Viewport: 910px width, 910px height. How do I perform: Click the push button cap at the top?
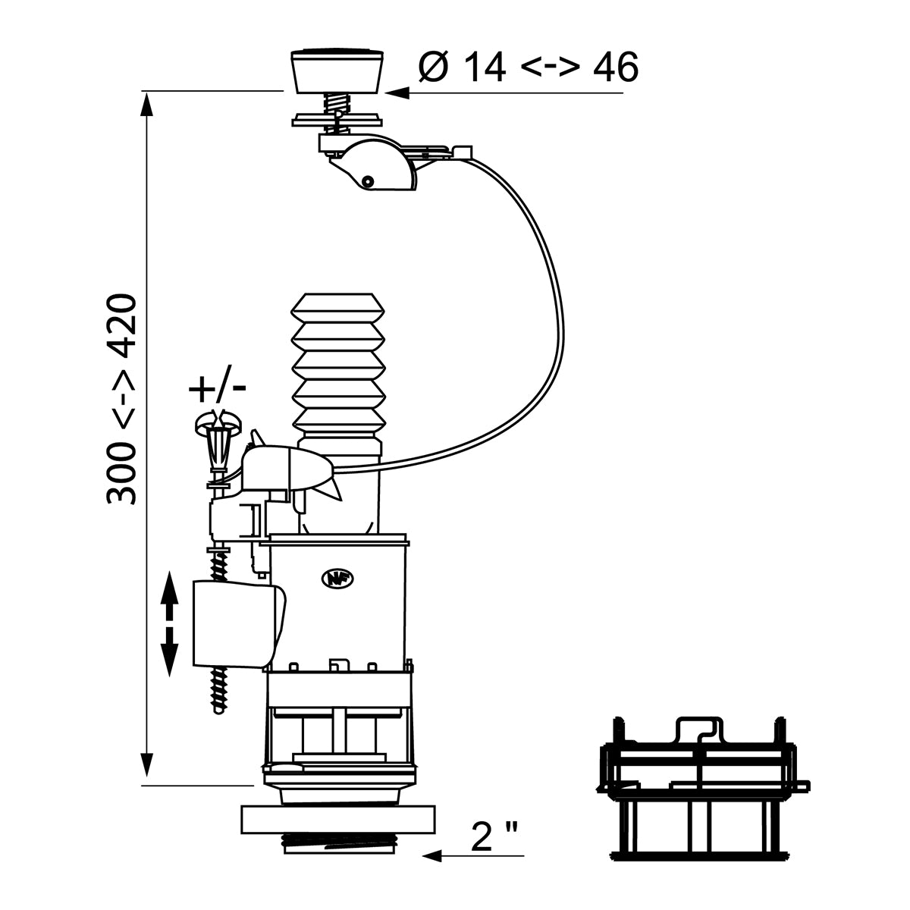(x=336, y=70)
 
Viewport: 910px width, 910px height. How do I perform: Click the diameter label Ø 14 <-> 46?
(x=529, y=67)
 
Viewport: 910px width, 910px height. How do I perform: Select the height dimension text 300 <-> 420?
(x=121, y=400)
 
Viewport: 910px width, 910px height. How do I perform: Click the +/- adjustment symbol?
(x=217, y=389)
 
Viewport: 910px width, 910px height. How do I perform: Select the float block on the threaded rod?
(x=237, y=622)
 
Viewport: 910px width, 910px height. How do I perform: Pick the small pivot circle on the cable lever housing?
(x=367, y=181)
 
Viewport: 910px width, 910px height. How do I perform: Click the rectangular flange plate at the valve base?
(x=338, y=821)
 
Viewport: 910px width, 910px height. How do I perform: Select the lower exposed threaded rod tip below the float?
(x=221, y=690)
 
